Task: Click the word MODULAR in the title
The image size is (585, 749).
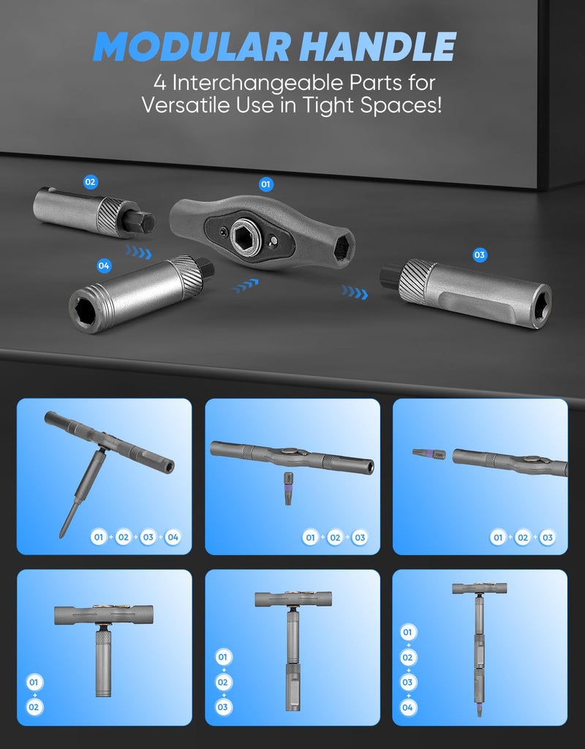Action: click(192, 46)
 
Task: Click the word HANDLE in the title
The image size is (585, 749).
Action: click(380, 46)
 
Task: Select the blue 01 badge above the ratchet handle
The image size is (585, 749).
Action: click(266, 184)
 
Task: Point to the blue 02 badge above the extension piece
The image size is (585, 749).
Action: click(90, 182)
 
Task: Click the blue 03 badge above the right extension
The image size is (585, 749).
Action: click(480, 255)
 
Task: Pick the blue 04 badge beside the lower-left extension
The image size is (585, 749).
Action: click(104, 266)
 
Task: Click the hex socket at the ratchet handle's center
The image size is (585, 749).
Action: click(244, 234)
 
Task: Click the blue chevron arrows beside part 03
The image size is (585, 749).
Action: click(355, 292)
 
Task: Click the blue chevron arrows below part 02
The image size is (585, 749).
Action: click(138, 252)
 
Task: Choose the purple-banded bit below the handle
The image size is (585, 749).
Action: click(288, 488)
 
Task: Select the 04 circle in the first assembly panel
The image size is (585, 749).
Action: click(173, 538)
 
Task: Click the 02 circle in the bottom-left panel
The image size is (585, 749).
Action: click(34, 707)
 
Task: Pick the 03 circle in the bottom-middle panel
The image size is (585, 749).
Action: click(222, 707)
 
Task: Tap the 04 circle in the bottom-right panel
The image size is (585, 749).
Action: click(407, 707)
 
